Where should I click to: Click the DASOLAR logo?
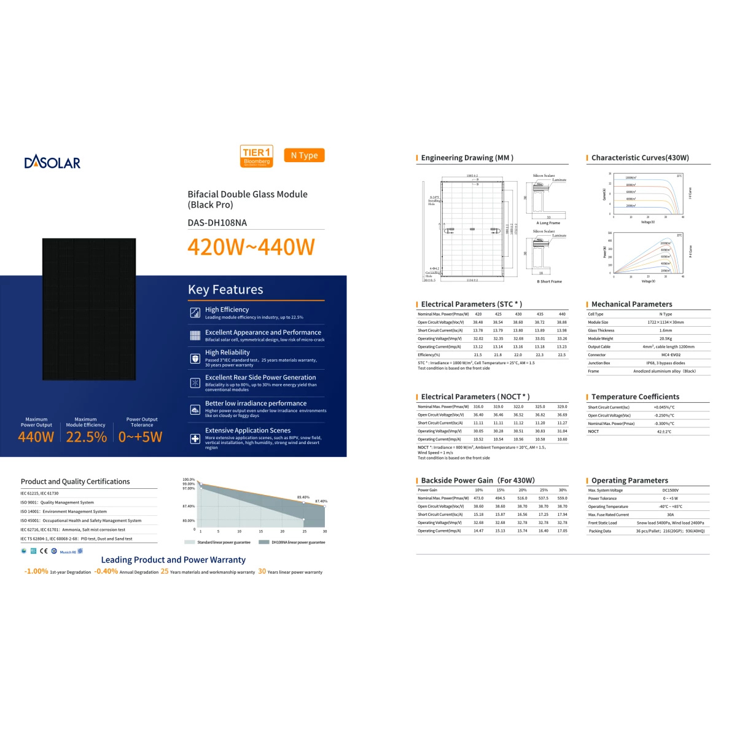pyautogui.click(x=52, y=163)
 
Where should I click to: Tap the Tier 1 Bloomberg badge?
pyautogui.click(x=257, y=156)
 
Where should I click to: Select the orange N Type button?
pyautogui.click(x=304, y=155)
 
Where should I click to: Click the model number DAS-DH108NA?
pyautogui.click(x=217, y=223)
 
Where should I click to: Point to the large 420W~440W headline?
pyautogui.click(x=251, y=247)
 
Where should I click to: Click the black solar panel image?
pyautogui.click(x=89, y=309)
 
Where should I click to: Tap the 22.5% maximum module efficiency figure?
pyautogui.click(x=87, y=437)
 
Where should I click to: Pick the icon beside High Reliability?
pyautogui.click(x=195, y=358)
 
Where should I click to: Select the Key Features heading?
pyautogui.click(x=225, y=290)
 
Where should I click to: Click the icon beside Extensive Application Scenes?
pyautogui.click(x=195, y=439)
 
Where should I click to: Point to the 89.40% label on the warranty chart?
pyautogui.click(x=303, y=497)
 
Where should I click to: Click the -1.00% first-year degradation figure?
pyautogui.click(x=36, y=571)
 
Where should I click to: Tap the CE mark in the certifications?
pyautogui.click(x=44, y=551)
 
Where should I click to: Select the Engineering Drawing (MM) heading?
pyautogui.click(x=467, y=158)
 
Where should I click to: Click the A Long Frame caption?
pyautogui.click(x=548, y=223)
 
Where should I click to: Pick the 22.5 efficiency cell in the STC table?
pyautogui.click(x=562, y=354)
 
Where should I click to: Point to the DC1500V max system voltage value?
pyautogui.click(x=670, y=490)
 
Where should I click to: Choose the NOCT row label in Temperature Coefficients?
pyautogui.click(x=593, y=431)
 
